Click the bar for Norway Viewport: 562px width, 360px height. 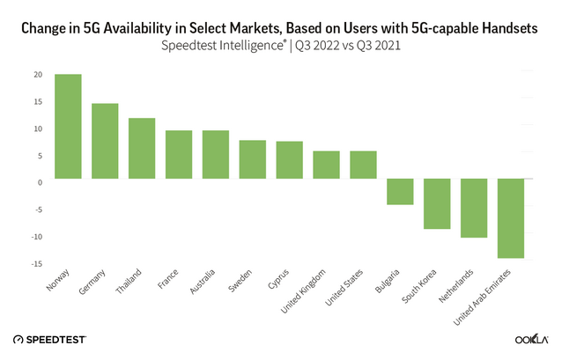click(68, 126)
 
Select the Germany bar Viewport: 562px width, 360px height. click(105, 141)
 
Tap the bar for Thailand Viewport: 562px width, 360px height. click(142, 148)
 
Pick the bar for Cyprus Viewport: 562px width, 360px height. click(289, 159)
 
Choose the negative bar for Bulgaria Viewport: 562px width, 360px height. click(400, 192)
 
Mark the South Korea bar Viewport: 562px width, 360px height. click(437, 203)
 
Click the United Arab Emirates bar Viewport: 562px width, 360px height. click(511, 218)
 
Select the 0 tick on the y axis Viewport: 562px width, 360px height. click(41, 183)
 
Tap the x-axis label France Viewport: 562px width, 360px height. click(171, 284)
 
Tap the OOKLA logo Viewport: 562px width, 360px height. click(533, 339)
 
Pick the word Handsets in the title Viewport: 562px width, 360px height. click(515, 27)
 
